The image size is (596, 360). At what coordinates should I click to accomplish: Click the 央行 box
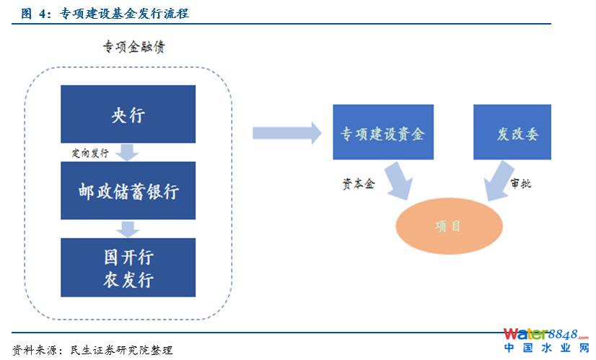tap(128, 115)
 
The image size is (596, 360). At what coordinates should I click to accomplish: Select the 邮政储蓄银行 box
tap(128, 191)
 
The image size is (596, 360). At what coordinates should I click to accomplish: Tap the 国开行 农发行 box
tap(128, 268)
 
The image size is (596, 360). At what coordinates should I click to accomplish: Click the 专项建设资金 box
tap(382, 133)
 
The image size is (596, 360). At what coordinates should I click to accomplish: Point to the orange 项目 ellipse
tap(448, 226)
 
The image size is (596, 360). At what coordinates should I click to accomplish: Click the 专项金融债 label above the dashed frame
tap(136, 48)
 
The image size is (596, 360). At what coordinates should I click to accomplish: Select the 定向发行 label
tap(90, 154)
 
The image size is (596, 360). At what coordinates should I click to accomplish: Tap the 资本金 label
tap(358, 183)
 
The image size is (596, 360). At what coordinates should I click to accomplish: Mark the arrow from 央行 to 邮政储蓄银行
tap(128, 152)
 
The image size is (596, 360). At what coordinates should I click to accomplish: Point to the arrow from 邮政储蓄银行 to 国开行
tap(128, 229)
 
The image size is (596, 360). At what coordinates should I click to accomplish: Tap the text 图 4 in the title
tap(30, 13)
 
